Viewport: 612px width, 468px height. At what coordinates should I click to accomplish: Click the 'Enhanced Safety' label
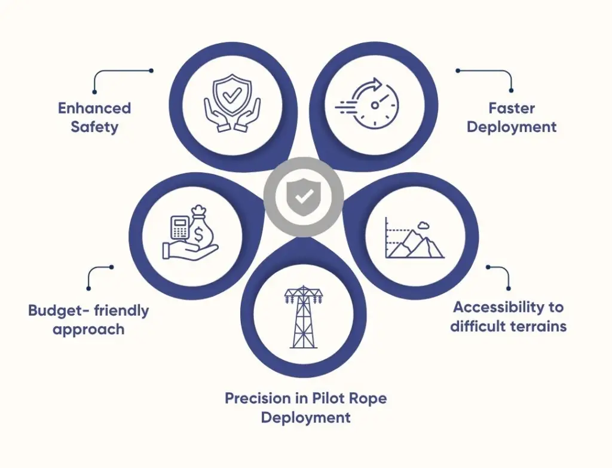click(94, 117)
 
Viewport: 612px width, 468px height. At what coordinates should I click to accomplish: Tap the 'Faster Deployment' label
click(511, 117)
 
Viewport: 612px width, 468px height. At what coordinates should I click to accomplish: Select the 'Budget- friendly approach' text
click(88, 320)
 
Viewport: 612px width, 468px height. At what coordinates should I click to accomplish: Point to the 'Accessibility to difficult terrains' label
click(508, 317)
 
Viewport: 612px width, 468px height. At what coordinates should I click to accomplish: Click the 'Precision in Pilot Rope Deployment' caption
click(305, 407)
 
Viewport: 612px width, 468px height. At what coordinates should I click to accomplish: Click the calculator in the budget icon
click(179, 228)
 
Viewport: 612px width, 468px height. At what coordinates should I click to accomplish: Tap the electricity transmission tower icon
click(303, 317)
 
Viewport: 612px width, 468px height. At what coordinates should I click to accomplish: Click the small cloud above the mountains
click(425, 225)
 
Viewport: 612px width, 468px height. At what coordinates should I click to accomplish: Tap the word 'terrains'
click(539, 326)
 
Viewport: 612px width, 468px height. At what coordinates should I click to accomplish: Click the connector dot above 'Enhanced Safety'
click(151, 71)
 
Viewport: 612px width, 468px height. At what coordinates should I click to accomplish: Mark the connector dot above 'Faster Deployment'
click(457, 71)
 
